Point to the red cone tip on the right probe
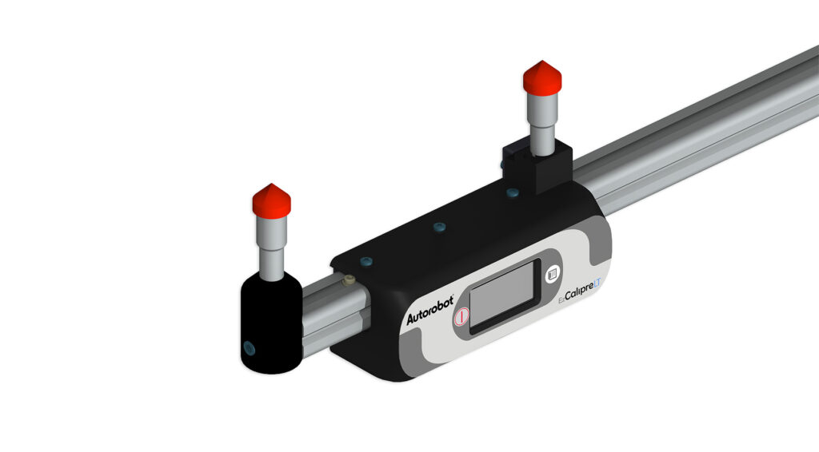point(542,79)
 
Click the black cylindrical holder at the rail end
point(269,324)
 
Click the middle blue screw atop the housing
point(438,228)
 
